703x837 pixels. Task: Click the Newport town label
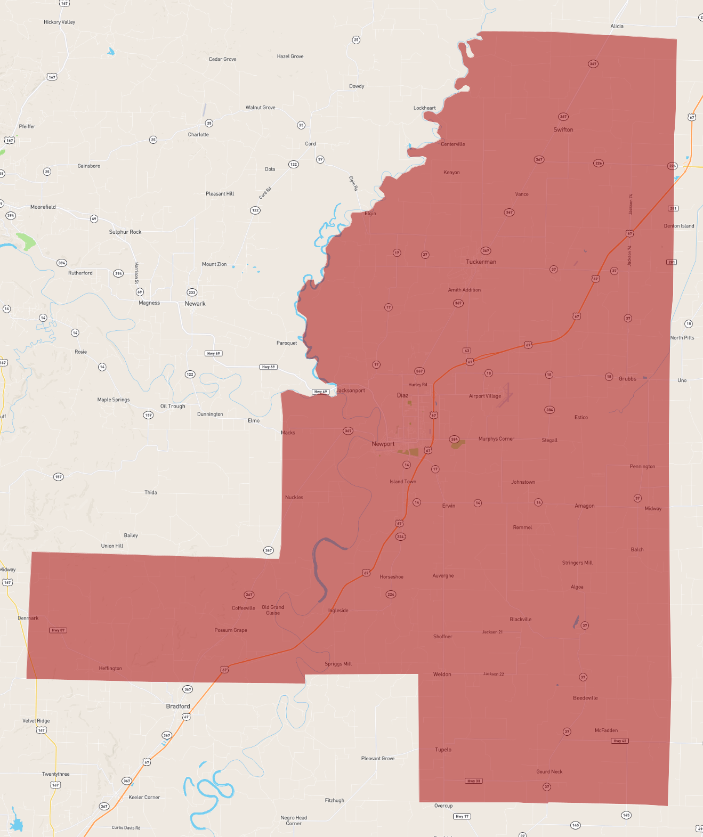pos(383,444)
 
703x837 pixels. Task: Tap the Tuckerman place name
pos(481,262)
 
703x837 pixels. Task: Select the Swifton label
pos(563,129)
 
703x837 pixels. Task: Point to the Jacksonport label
pos(351,391)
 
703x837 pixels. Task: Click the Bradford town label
pos(178,706)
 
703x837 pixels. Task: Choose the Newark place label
pos(195,304)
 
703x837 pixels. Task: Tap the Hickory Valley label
pos(60,22)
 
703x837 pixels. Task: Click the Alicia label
pos(617,26)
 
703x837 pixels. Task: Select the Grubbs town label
pos(627,379)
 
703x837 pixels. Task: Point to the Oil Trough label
pos(173,406)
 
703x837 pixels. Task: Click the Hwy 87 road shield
pos(58,630)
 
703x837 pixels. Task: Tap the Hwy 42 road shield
pos(620,741)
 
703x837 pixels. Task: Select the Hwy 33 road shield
pos(474,781)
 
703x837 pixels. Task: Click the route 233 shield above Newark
pos(192,292)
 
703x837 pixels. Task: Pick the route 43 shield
pos(467,351)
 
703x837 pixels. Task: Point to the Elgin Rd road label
pos(353,183)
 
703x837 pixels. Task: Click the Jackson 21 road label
pos(492,632)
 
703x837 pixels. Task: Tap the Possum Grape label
pos(231,630)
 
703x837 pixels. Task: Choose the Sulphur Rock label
pos(125,232)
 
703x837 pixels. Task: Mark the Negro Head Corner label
pos(294,820)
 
